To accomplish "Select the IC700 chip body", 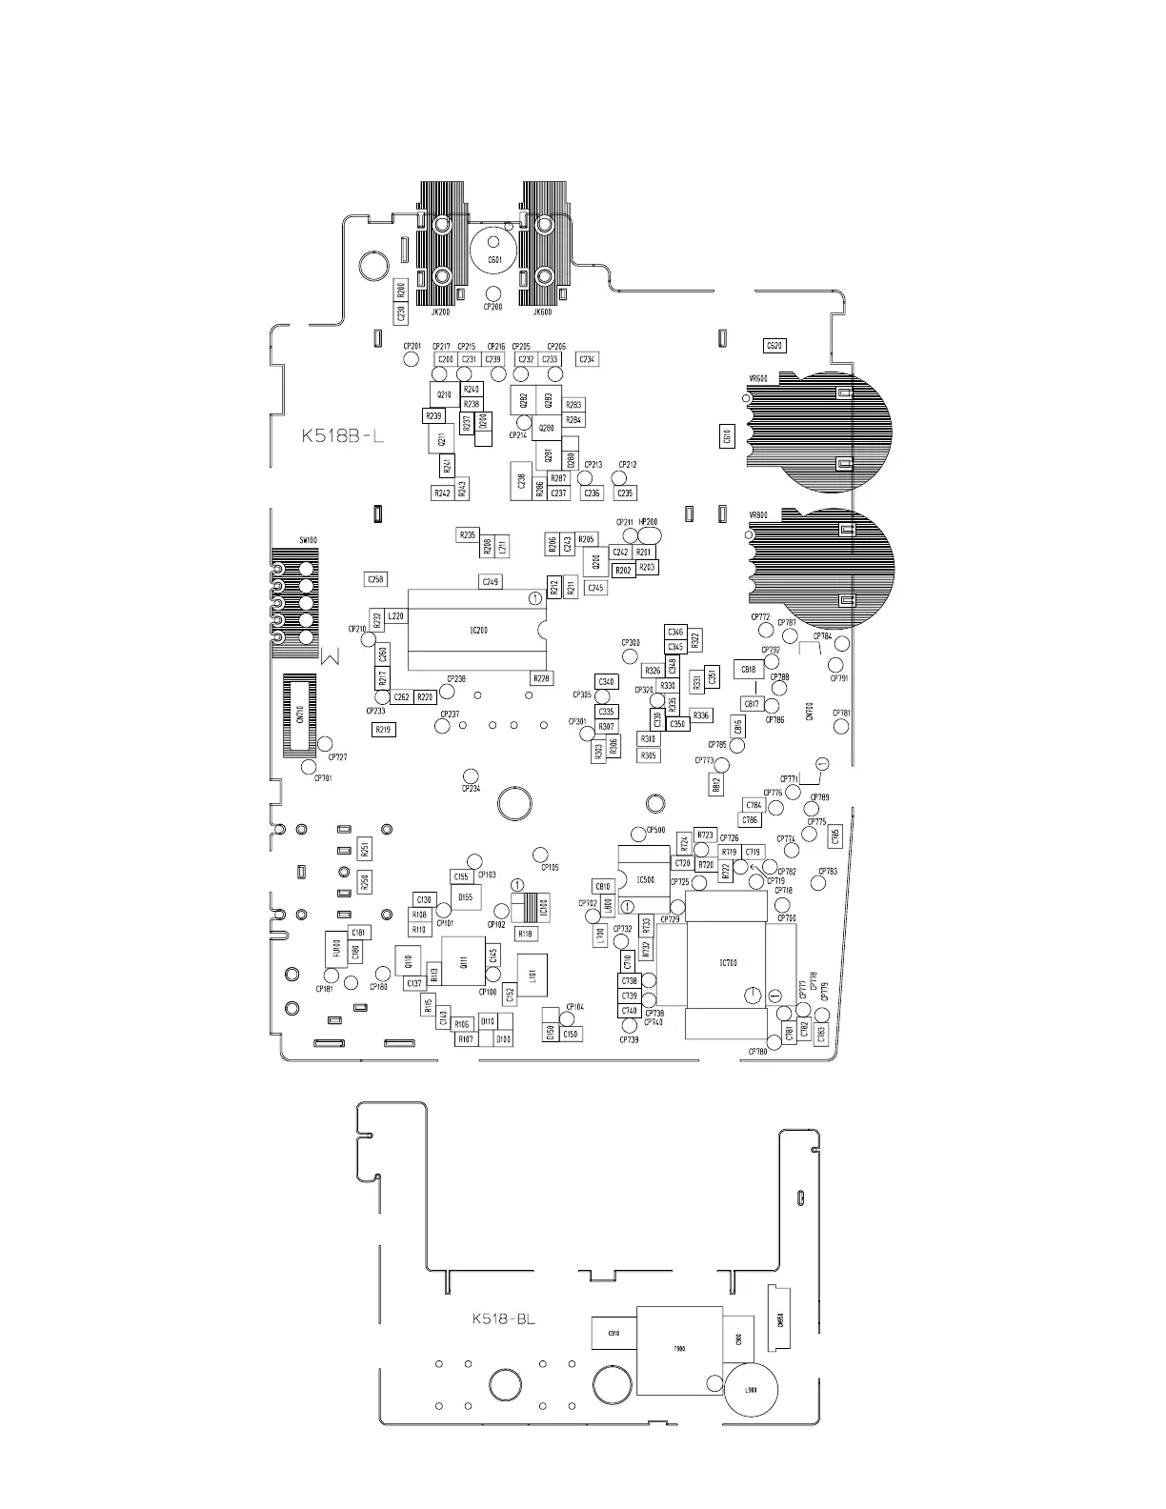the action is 727,963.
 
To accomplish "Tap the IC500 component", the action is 645,879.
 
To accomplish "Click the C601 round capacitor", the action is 494,258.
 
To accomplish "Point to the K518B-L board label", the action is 342,437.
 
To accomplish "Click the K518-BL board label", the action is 503,1319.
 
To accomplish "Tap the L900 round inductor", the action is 751,1390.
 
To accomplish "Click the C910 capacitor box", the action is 613,1333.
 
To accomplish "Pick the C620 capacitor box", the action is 775,346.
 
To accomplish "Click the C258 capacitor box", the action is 376,579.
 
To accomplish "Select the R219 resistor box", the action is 383,730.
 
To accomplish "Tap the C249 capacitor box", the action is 490,581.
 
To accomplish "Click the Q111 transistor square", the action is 464,963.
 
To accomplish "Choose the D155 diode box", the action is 465,897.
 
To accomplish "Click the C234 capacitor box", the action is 587,359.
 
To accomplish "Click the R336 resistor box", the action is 701,715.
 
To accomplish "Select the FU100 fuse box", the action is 335,950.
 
